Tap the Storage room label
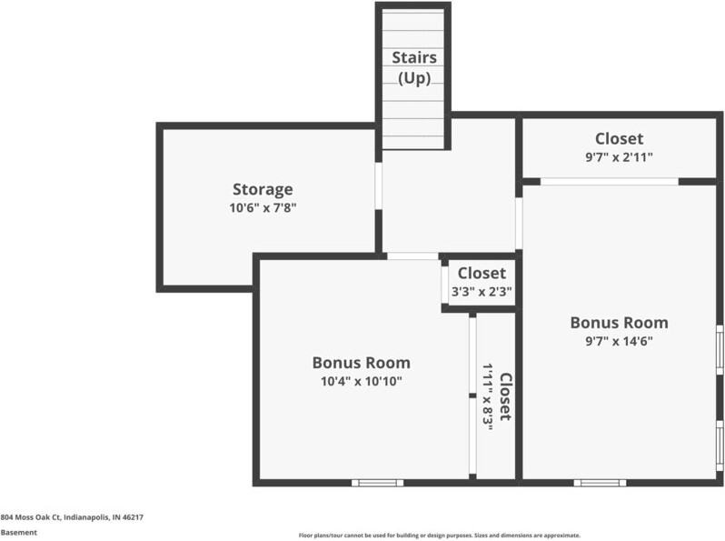[263, 189]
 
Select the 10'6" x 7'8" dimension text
[263, 207]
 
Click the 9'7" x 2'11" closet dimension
[619, 156]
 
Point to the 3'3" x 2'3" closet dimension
[482, 292]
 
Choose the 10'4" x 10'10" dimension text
[361, 381]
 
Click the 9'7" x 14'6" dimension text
[619, 341]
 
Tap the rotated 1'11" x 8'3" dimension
[488, 396]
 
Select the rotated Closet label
[505, 396]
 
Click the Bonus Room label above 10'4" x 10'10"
[361, 362]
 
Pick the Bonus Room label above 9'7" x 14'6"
[619, 322]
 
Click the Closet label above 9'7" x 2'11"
[619, 138]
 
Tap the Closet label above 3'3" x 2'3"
[482, 273]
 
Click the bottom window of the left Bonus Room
[377, 482]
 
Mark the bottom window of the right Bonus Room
[600, 482]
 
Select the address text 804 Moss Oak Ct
[72, 516]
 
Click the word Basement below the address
[19, 532]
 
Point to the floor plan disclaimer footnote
[439, 536]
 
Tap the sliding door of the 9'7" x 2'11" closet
[609, 181]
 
